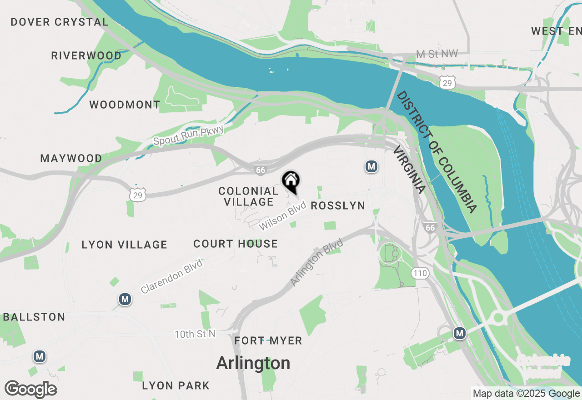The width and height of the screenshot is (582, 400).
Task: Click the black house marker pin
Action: tap(291, 181)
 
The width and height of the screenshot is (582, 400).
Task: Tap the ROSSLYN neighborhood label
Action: tap(338, 206)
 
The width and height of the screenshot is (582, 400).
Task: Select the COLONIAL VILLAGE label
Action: tap(248, 196)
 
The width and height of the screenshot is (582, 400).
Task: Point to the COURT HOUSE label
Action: tap(236, 244)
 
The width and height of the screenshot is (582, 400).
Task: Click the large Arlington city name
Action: tap(253, 363)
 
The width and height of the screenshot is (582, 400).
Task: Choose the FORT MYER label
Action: tap(268, 340)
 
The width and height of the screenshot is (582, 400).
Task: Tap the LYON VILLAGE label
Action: tap(125, 245)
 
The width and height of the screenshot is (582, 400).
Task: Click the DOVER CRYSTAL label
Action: tap(60, 22)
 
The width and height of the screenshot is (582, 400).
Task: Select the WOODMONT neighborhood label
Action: tap(125, 105)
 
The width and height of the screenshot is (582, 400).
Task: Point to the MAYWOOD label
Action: tap(71, 159)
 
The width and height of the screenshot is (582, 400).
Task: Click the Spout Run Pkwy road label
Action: tap(189, 135)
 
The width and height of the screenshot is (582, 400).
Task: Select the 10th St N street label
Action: tap(195, 335)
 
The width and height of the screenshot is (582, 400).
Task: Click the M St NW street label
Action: tap(437, 54)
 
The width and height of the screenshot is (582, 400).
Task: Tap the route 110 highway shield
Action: tap(420, 273)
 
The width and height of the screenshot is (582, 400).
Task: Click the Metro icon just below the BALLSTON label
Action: tap(40, 356)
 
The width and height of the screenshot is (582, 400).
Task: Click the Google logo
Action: tap(31, 390)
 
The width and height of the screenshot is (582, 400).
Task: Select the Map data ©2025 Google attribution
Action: tap(526, 394)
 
